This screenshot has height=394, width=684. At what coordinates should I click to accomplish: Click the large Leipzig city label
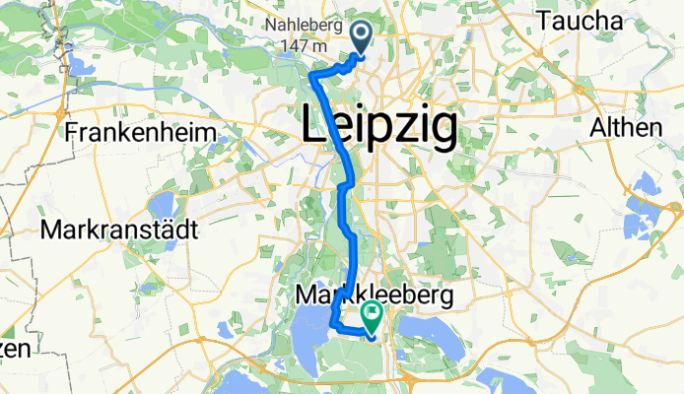pos(377,126)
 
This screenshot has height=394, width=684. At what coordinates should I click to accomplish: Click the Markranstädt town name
pos(120,230)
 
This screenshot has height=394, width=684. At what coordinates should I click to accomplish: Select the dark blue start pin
pos(360,38)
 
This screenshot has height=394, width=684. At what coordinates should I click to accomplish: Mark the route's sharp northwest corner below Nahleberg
pos(312,76)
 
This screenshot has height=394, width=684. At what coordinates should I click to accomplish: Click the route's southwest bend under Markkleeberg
pos(333,323)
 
